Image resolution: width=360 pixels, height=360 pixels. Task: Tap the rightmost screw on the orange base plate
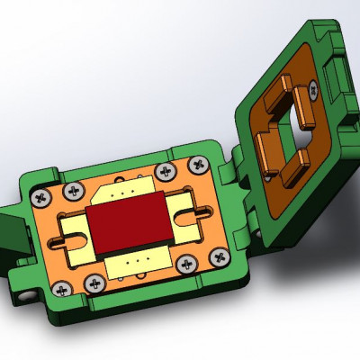(x=218, y=256)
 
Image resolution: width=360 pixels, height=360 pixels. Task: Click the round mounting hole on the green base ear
(x=27, y=292)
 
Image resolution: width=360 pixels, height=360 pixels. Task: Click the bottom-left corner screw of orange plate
(x=62, y=288)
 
